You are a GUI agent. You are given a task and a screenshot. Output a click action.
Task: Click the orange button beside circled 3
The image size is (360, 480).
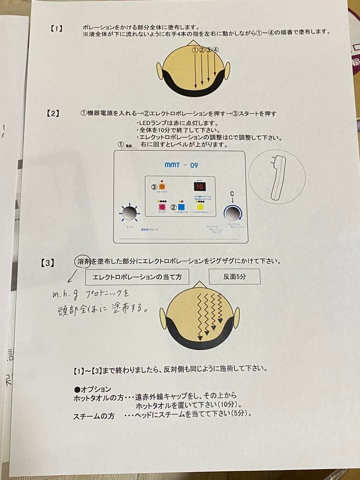pos(163,187)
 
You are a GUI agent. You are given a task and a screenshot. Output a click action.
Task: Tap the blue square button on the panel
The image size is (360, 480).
pos(181,207)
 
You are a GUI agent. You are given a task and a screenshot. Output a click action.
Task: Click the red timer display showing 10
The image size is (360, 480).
pos(200,186)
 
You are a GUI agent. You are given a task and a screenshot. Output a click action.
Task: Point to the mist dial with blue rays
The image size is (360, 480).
pos(129,214)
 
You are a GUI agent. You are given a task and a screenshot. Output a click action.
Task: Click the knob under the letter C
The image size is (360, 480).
pos(232,214)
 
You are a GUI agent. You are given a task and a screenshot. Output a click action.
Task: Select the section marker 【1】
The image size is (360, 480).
pos(56,28)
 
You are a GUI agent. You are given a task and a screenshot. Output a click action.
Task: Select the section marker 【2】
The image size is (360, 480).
pos(53,113)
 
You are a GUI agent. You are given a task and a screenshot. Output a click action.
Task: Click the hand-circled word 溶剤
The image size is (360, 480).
pos(83,261)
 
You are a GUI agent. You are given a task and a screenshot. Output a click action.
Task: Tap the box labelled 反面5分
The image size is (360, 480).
pos(234,276)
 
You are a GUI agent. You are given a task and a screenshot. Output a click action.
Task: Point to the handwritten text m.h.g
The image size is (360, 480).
pos(63,293)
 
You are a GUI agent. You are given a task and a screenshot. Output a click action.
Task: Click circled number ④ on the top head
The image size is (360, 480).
pos(216,50)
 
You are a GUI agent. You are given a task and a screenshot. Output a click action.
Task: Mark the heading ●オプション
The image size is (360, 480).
pos(92,389)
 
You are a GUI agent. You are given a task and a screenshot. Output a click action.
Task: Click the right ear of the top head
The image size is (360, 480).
pos(227,71)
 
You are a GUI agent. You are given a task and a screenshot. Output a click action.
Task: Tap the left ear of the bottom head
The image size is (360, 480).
pos(163,318)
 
